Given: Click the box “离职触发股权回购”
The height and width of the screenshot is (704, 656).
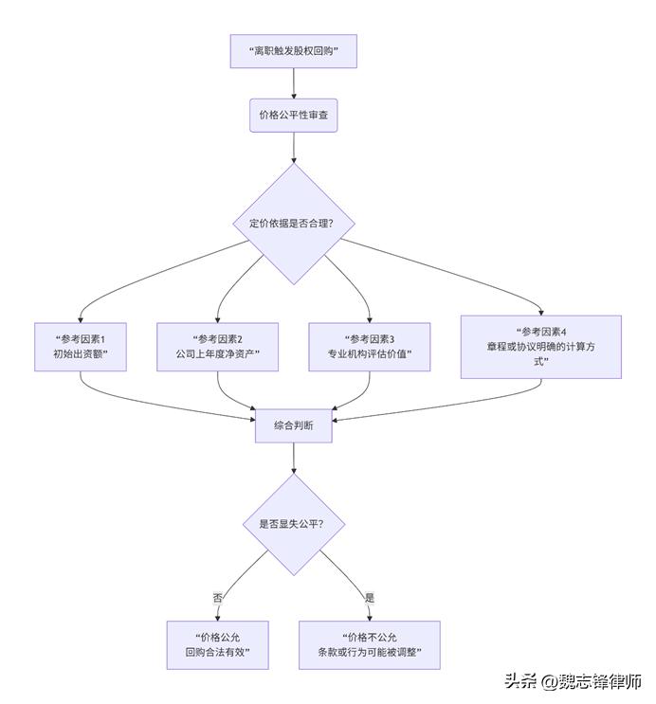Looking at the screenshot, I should [x=293, y=51].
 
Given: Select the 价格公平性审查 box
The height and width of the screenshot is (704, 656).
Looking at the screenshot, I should [x=293, y=116].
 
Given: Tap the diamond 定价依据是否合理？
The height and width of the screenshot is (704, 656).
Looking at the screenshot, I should [x=295, y=225].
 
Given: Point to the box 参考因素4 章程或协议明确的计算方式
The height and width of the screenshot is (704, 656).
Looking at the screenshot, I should [x=541, y=347].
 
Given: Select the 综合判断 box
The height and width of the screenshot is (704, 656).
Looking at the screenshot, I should [x=294, y=426].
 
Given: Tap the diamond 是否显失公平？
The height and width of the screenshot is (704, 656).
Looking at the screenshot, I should [x=294, y=523].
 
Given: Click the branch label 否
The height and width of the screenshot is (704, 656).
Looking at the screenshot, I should [x=218, y=597].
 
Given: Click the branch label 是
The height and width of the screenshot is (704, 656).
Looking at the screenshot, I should [x=369, y=597].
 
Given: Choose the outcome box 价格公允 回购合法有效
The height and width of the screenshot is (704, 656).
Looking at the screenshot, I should [x=218, y=645].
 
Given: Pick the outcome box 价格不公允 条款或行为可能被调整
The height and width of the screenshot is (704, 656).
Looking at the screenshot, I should [x=370, y=645].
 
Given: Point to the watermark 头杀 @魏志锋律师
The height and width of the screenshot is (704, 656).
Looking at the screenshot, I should [x=573, y=681].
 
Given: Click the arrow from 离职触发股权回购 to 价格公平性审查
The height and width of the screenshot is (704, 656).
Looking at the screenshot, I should [x=294, y=83].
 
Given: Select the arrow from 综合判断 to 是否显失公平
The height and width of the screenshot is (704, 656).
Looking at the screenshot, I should [x=294, y=459].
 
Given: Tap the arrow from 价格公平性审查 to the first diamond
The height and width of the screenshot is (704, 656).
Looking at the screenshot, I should [x=294, y=147].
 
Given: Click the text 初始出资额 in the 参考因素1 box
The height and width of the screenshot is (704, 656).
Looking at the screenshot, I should [x=81, y=354].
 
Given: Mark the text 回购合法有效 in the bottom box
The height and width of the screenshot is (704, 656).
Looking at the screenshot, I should [x=218, y=654].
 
